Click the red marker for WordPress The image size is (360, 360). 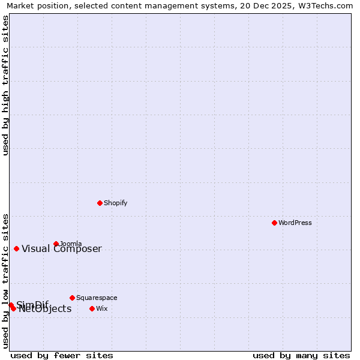pos(274,223)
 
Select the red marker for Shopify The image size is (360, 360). pos(100,203)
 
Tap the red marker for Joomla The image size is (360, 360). pos(56,244)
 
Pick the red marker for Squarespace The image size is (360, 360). pos(72,298)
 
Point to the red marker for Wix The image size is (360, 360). pos(92,308)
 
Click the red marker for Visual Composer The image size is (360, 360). pos(16,248)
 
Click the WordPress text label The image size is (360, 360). pos(295,223)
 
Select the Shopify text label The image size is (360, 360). pos(116,203)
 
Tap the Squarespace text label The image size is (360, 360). pos(97,298)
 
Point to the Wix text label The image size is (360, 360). pos(101,308)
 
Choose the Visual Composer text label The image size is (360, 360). pos(62,249)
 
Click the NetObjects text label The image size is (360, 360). pos(45,309)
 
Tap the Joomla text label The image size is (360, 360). pos(71,244)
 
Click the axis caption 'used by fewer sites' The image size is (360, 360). pos(62,355)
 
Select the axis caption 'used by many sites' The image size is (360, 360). pos(301,355)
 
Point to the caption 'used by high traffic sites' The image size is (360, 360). pos(5,85)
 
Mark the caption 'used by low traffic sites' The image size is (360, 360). pos(5,280)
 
